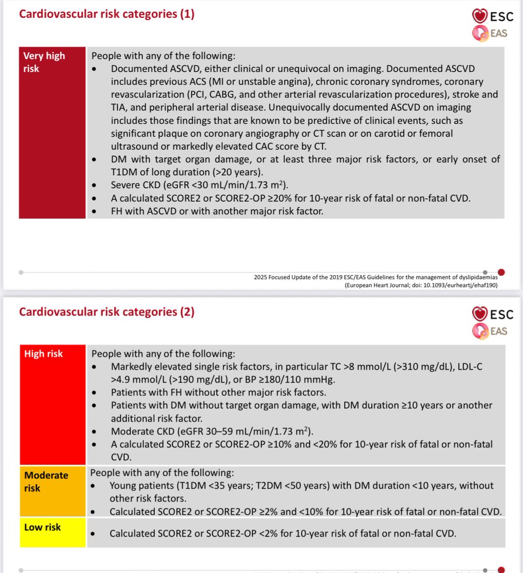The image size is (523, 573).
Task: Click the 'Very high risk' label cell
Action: click(x=44, y=62)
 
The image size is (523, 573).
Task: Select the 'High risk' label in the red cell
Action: click(x=43, y=354)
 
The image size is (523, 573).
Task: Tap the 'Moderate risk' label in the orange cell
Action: click(x=46, y=481)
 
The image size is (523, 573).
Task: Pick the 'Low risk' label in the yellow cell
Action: click(x=43, y=527)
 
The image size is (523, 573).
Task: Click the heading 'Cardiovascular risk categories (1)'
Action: click(x=107, y=14)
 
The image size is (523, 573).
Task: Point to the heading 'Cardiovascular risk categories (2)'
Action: click(x=107, y=312)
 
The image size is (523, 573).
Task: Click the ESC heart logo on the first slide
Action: click(x=479, y=16)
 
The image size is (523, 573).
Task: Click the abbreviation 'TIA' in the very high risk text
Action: click(x=119, y=107)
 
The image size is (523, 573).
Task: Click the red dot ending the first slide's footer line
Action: click(x=501, y=273)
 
